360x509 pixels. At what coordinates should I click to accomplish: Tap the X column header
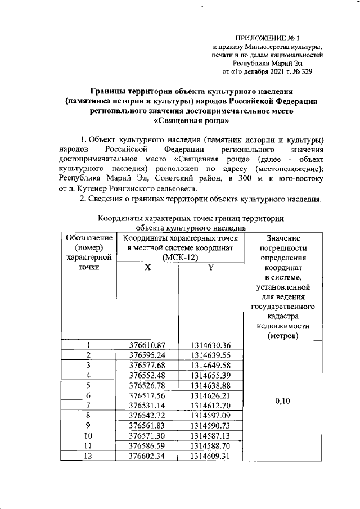(147, 268)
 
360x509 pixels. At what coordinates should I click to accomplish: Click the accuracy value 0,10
(283, 402)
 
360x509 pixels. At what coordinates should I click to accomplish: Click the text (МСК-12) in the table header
(178, 258)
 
